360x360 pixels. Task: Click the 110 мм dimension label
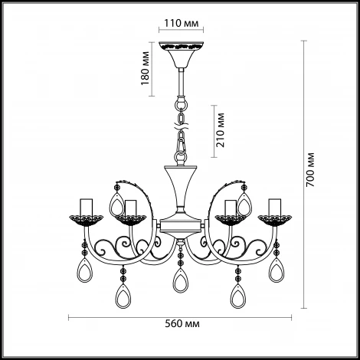tap(181, 23)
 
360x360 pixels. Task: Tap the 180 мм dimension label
tap(145, 68)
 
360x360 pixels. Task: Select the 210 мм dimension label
tap(220, 130)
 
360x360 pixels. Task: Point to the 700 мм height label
tap(310, 169)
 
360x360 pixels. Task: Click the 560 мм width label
tap(182, 324)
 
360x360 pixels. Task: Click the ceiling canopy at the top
tap(182, 54)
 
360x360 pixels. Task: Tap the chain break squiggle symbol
tap(182, 126)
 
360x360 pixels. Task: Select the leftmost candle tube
tap(86, 207)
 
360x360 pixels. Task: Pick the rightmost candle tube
tap(275, 207)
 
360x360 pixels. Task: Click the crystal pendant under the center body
tap(181, 280)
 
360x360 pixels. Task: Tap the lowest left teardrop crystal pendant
tap(123, 296)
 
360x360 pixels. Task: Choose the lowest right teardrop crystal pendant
tap(238, 296)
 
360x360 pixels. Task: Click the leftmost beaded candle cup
tap(86, 221)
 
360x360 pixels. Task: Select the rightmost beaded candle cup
tap(275, 221)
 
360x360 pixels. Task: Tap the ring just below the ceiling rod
tap(182, 104)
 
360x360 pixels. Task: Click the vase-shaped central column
tap(181, 189)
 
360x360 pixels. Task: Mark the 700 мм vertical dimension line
tap(303, 175)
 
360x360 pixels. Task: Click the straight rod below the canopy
tap(182, 82)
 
